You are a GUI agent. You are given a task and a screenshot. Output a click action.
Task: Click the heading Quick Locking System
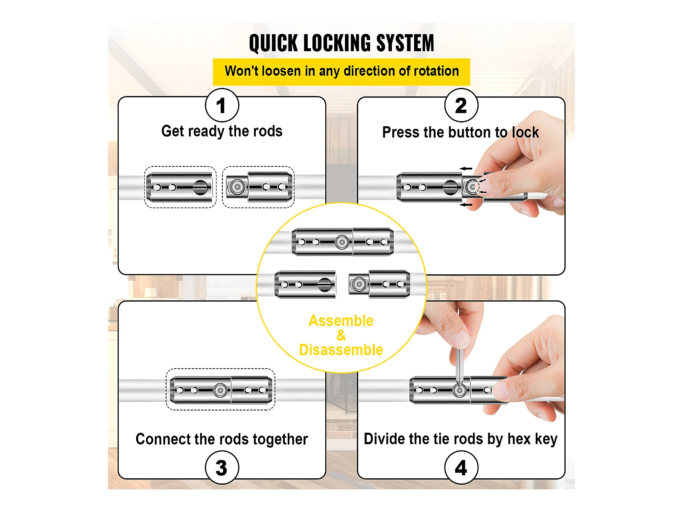tap(341, 44)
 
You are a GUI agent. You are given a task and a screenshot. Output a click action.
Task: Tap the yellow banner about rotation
tap(341, 71)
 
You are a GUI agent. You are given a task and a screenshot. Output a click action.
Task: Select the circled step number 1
tap(222, 105)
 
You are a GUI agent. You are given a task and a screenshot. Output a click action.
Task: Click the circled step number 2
tap(461, 105)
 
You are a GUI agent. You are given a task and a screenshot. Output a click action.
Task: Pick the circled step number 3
tap(222, 468)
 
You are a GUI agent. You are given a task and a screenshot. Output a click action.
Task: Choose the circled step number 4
tap(461, 468)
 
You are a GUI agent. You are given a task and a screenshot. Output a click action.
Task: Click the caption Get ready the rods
tap(222, 131)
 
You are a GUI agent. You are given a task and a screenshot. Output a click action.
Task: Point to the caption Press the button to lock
tap(460, 133)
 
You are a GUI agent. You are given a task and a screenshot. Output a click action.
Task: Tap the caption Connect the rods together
tap(222, 439)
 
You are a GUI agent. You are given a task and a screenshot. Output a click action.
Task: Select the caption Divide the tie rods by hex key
tap(460, 439)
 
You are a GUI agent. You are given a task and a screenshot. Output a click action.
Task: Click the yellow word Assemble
tap(341, 321)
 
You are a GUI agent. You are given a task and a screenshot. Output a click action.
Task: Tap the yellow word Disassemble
tap(341, 350)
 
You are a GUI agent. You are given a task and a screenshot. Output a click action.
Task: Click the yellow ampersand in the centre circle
tap(341, 335)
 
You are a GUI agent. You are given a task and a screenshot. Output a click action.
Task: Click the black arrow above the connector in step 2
tap(466, 169)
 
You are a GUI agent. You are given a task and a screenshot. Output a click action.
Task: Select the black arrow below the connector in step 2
tap(466, 205)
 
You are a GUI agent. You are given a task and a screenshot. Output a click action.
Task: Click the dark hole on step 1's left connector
tap(200, 187)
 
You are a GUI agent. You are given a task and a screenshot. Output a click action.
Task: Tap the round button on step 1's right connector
tap(237, 187)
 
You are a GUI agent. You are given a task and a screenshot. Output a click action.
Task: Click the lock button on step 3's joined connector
tap(220, 390)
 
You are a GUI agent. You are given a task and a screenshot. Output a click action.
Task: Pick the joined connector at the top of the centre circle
tap(343, 242)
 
